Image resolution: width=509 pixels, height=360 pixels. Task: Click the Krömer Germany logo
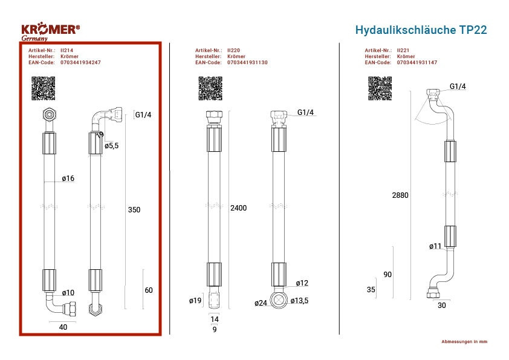(50, 31)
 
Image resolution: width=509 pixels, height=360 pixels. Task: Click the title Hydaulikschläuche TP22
(421, 30)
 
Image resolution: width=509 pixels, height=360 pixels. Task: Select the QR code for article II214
(43, 88)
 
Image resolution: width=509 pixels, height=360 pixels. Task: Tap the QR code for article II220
(210, 88)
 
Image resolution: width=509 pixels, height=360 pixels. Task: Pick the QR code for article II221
(380, 88)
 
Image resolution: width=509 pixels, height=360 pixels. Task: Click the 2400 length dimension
(239, 208)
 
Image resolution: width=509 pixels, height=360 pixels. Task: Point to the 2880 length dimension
(400, 195)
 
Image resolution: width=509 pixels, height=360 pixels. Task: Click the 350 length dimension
(134, 210)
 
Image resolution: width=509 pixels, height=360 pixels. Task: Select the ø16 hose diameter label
(68, 178)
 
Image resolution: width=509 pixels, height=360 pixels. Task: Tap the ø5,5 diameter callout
(112, 146)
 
